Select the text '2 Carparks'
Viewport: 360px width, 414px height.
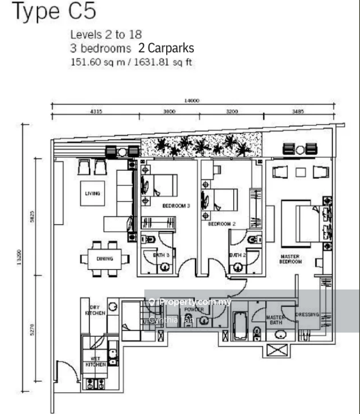tap(166, 48)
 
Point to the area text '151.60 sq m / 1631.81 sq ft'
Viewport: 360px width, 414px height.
tap(131, 62)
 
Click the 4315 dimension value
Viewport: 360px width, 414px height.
tap(96, 112)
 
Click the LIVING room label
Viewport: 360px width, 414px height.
tap(92, 194)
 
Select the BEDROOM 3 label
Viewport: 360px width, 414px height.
tap(176, 206)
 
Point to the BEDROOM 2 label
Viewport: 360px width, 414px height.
tap(222, 224)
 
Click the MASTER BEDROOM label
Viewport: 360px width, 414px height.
tap(290, 259)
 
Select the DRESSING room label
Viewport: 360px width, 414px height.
tap(307, 314)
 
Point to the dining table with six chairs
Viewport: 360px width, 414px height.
tap(105, 259)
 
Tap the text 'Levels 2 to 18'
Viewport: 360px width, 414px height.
tap(105, 35)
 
